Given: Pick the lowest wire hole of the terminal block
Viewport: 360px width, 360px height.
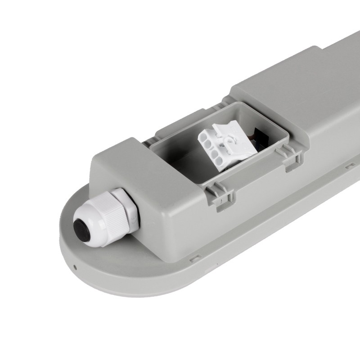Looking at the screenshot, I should [218, 158].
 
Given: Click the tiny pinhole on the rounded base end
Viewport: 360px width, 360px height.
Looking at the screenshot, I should [75, 266].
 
